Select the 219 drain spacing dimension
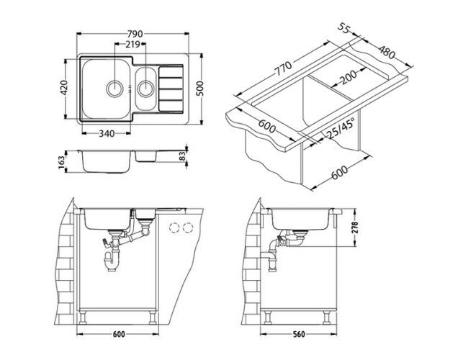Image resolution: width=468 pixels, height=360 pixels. click(x=132, y=45)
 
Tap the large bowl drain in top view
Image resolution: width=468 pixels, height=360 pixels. click(x=115, y=89)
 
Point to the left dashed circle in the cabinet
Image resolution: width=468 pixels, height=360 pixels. click(x=173, y=228)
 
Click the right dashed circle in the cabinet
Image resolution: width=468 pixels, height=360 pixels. click(x=189, y=228)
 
